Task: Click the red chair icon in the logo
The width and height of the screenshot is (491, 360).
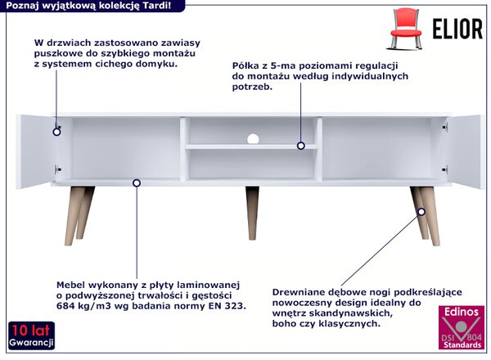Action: pos(405,29)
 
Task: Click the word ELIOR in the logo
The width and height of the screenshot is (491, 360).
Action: pos(457,29)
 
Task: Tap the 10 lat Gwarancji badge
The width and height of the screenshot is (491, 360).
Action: pos(31,335)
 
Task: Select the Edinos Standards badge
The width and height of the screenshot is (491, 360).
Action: pos(462,328)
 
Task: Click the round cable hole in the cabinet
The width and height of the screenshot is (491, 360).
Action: pos(253,139)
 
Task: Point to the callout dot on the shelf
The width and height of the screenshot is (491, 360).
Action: pos(301,146)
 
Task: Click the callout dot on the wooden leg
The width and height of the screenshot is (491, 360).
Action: pos(421,212)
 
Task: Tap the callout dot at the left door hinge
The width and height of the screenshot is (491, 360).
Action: pos(56,132)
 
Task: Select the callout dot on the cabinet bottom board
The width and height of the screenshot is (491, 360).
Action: pos(137,182)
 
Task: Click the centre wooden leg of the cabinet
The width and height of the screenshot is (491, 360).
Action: pos(252,213)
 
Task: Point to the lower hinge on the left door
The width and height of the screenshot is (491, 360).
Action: pos(57,169)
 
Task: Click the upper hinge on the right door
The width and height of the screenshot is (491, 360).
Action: pos(445,127)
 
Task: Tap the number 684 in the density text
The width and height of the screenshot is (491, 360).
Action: pos(65,305)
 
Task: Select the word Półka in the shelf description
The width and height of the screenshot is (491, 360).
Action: pos(245,65)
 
